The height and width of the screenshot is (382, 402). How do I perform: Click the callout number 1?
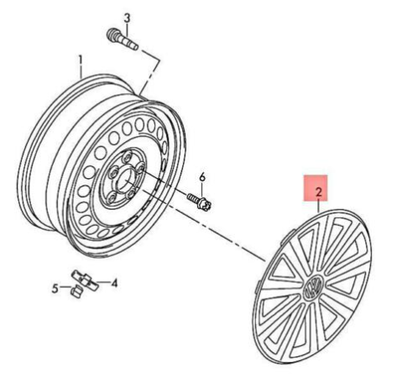click(81, 60)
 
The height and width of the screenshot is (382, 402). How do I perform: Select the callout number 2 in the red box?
click(318, 192)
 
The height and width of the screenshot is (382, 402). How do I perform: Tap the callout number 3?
click(127, 18)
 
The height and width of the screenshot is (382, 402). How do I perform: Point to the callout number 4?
click(114, 283)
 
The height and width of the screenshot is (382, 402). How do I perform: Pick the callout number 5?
click(55, 288)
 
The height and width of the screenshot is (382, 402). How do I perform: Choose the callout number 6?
click(202, 177)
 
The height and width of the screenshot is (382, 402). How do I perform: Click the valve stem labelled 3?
click(123, 39)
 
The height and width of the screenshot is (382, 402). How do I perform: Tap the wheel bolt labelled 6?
click(199, 201)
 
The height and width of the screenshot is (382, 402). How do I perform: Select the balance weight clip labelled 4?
click(85, 280)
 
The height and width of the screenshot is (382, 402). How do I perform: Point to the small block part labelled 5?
click(76, 291)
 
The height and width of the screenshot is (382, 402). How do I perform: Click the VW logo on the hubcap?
click(313, 287)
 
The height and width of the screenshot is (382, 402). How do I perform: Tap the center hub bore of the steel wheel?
click(124, 182)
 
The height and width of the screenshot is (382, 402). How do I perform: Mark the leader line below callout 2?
click(318, 205)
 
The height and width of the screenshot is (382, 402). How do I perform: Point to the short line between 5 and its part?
click(65, 287)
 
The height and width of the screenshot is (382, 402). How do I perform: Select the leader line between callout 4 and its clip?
click(102, 282)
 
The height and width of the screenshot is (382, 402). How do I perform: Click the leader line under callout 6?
click(202, 190)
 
